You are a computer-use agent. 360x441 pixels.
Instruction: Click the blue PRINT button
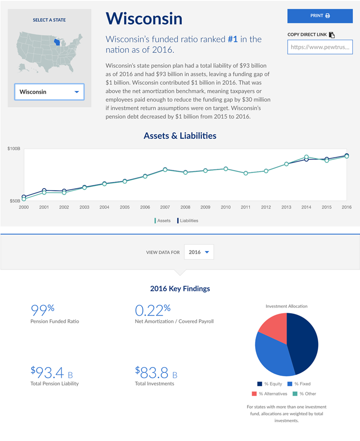tap(320, 16)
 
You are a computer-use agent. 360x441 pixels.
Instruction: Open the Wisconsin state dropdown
tap(49, 92)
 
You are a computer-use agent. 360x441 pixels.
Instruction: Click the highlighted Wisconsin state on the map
tap(58, 43)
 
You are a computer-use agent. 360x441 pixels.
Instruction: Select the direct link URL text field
tap(320, 47)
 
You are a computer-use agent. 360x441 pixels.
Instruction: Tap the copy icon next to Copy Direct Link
tap(332, 35)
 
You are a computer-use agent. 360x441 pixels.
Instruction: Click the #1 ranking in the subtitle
tap(233, 39)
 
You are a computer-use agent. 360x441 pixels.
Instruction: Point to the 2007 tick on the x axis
tap(165, 207)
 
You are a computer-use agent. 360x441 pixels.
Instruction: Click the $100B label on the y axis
tap(14, 148)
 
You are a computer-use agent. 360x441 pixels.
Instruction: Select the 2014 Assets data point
tap(306, 157)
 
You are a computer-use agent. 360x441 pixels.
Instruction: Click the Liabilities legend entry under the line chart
tap(188, 221)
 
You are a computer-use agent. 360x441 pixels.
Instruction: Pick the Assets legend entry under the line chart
tap(163, 221)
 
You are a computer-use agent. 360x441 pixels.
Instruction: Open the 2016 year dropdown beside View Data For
tap(199, 252)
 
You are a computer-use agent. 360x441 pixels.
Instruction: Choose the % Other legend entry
tap(306, 394)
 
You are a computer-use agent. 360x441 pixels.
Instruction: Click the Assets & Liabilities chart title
tap(180, 136)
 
